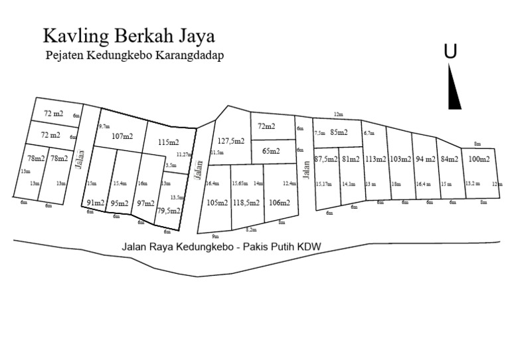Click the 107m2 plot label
pos(122,136)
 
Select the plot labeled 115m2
pos(169,142)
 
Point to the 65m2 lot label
pos(271,151)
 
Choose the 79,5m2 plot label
pos(169,211)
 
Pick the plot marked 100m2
pos(479,160)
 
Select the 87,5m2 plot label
pos(326,160)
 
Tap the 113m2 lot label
pos(376,160)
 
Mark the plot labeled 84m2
pos(450,160)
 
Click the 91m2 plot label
pos(96,203)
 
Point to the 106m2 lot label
pos(280,203)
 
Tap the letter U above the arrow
pos(450,52)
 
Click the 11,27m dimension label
pos(183,154)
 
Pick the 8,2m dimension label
pos(251,229)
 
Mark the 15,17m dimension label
pos(323,184)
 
